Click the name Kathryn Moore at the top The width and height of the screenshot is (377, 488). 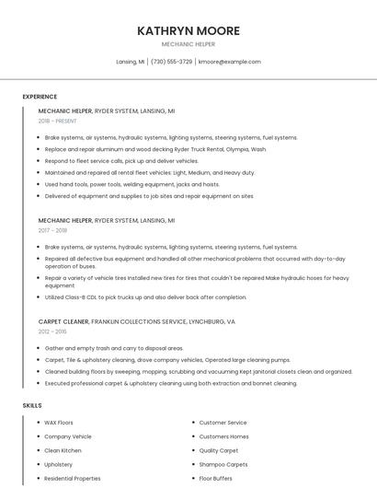coord(188,31)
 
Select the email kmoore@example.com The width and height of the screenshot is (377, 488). coord(230,62)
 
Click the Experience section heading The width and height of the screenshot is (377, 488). coord(40,97)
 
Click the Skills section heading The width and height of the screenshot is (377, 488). coord(32,405)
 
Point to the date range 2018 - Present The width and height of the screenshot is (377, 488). coord(57,121)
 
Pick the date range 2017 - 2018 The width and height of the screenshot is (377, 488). coord(52,231)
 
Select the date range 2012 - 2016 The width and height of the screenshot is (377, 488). coord(52,331)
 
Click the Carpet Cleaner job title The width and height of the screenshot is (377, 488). coord(63,322)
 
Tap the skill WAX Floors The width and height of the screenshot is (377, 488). coord(59,423)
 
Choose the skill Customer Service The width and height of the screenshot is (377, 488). coord(223,423)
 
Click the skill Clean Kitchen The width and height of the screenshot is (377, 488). coord(63,450)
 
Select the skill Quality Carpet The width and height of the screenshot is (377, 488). coord(219,450)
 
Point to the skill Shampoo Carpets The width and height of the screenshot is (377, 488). coord(223,465)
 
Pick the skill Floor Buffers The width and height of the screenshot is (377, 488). coord(216,479)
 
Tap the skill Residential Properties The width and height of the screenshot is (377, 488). coord(73,479)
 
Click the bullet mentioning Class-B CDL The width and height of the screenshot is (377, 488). coord(145,297)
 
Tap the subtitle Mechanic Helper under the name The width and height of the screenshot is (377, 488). coord(188,44)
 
